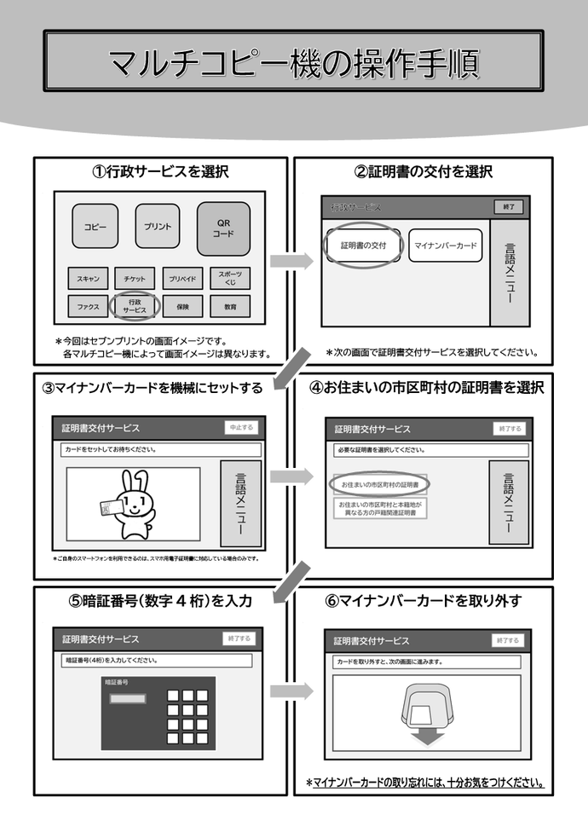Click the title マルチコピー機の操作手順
(293, 61)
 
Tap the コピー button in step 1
(95, 228)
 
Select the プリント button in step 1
(157, 228)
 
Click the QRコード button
(223, 228)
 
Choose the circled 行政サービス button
(134, 306)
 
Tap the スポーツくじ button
(229, 278)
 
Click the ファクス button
(88, 306)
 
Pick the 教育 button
(229, 306)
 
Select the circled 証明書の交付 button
(363, 246)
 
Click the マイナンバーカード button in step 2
(445, 246)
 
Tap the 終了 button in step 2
(510, 207)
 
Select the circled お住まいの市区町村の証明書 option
(379, 484)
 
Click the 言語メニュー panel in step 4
(509, 502)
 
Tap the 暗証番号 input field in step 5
(126, 699)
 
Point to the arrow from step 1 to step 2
(292, 262)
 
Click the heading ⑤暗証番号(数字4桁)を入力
(160, 601)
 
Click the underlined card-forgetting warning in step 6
(424, 783)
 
